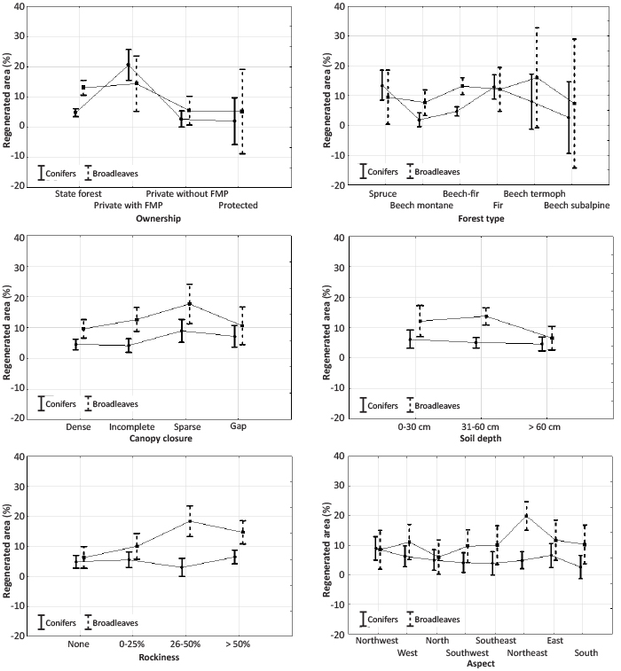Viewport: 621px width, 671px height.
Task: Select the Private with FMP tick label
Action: (128, 206)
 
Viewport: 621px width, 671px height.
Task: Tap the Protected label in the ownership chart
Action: (238, 206)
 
